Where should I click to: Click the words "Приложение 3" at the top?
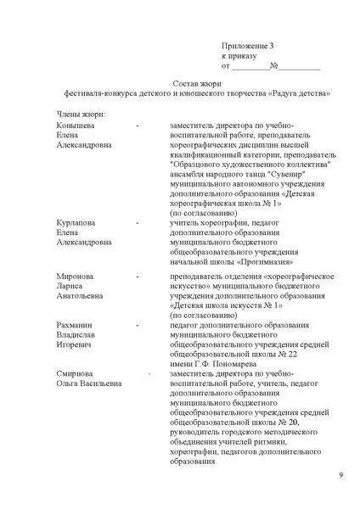(x=247, y=45)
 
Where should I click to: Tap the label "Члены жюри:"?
(x=81, y=113)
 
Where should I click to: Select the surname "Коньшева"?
(x=76, y=124)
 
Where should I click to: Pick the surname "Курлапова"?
(x=76, y=222)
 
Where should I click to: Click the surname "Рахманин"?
(x=76, y=326)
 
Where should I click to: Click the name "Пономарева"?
(x=247, y=363)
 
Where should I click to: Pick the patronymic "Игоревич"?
(x=75, y=345)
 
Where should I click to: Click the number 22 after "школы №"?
(x=291, y=354)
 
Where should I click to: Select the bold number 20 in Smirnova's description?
(x=294, y=422)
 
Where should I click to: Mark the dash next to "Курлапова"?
(x=138, y=222)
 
